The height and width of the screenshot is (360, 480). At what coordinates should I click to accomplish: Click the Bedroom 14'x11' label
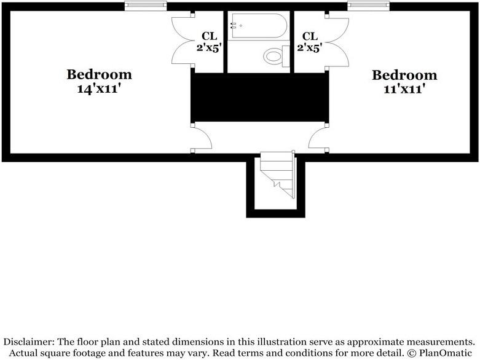99,81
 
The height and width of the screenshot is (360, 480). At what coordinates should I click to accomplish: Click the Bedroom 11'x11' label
404,82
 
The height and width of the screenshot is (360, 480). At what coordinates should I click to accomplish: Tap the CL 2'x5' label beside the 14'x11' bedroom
209,42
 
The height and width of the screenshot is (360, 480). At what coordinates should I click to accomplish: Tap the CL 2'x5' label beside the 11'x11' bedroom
310,42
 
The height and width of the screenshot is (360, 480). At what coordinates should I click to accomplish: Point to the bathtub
259,26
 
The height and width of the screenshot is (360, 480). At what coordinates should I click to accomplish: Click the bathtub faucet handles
234,26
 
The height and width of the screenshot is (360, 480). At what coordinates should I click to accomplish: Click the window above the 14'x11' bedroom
146,6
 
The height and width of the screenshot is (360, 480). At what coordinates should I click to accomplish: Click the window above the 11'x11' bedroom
368,6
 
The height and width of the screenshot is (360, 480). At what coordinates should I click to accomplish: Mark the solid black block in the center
259,97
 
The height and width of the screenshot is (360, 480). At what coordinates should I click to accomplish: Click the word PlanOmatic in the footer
446,353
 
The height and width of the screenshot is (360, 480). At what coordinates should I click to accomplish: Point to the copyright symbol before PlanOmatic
412,353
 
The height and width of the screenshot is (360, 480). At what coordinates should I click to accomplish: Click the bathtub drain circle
241,26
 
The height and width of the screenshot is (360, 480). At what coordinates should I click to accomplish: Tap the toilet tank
286,57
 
